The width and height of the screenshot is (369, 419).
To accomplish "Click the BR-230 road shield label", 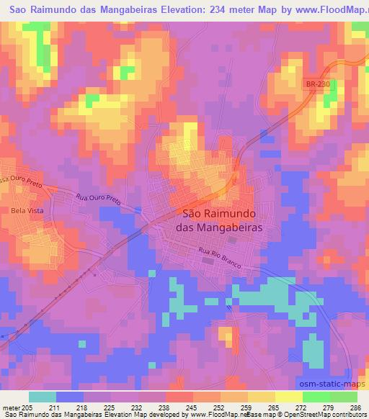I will tap(318, 84).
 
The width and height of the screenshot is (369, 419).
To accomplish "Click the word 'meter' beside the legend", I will tap(11, 407).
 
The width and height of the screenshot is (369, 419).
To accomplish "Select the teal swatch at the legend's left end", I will tap(43, 397).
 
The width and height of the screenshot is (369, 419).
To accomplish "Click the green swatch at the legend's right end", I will tap(344, 397).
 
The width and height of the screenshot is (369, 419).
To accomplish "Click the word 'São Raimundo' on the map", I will tap(218, 213).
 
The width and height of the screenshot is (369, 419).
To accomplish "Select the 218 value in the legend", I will tap(84, 407).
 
